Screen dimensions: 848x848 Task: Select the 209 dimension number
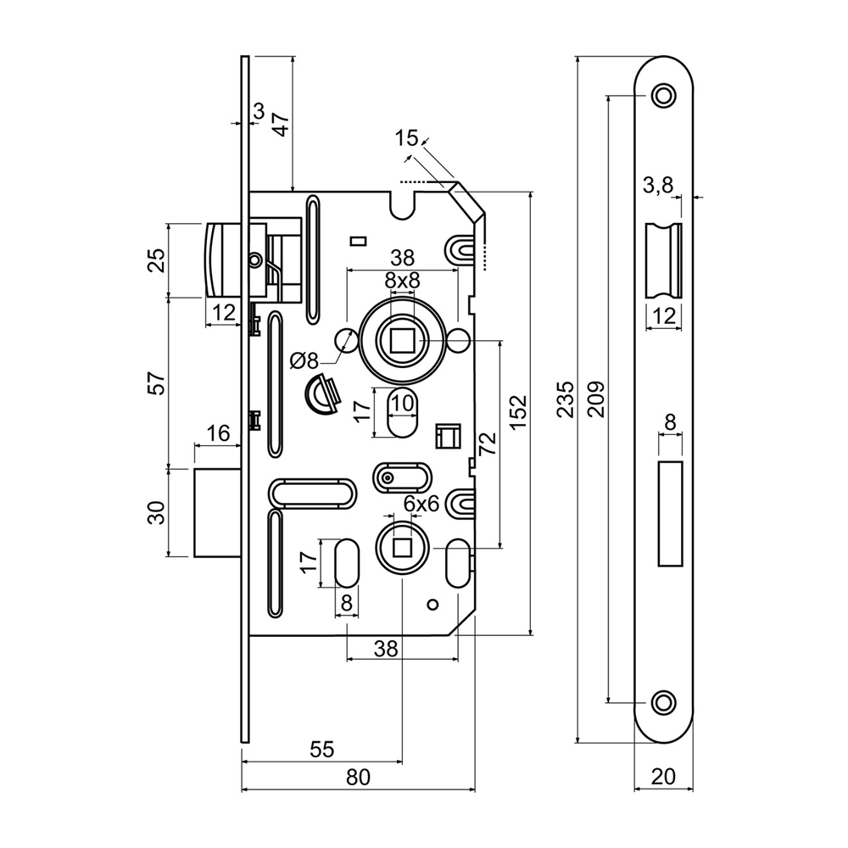(x=596, y=398)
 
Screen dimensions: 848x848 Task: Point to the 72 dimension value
(x=487, y=444)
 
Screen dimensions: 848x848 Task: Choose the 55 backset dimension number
(x=321, y=749)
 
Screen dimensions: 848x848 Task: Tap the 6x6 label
(x=421, y=504)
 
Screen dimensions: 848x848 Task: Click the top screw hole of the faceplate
(x=663, y=95)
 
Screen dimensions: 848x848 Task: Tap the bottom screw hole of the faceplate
(x=663, y=701)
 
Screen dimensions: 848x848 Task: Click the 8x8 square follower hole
(x=402, y=341)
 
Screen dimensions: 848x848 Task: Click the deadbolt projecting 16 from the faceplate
(x=218, y=512)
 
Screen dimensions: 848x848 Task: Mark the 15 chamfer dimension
(x=406, y=138)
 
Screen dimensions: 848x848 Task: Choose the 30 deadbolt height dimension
(x=156, y=512)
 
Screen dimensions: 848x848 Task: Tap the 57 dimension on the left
(x=156, y=382)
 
